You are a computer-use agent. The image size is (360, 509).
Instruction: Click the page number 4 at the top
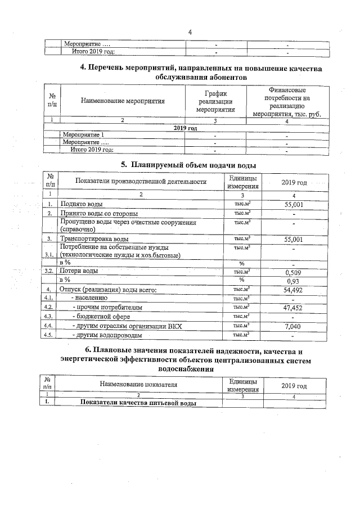(190, 32)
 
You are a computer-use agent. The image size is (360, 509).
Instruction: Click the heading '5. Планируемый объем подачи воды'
(188, 165)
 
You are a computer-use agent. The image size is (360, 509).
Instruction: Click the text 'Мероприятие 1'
(84, 135)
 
